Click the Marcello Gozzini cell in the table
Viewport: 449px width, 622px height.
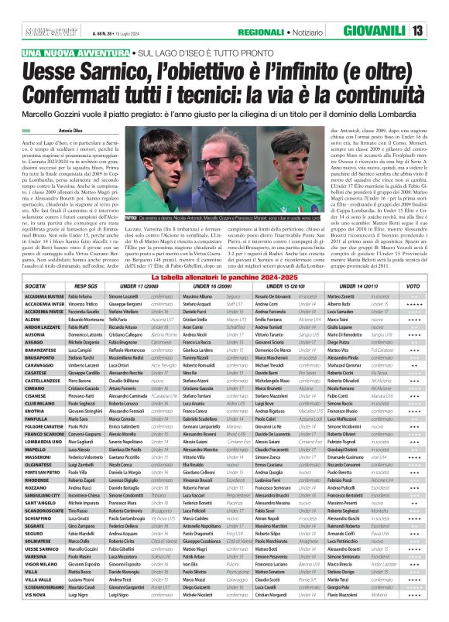(85, 570)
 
